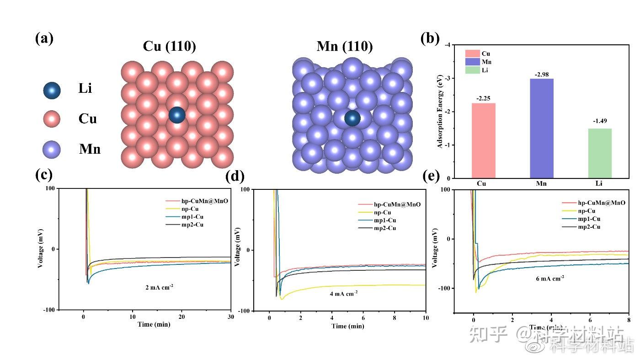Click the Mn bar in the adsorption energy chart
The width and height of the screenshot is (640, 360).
[x=541, y=128]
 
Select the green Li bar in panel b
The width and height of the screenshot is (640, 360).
[x=599, y=153]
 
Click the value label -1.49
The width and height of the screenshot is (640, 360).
[x=599, y=121]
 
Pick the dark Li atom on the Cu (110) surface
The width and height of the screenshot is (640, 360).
[x=177, y=115]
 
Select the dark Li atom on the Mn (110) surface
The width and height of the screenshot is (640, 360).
[x=352, y=118]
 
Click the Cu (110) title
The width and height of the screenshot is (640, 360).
[x=169, y=46]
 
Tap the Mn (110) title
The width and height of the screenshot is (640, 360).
[x=344, y=46]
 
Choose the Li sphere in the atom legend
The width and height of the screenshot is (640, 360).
[x=52, y=91]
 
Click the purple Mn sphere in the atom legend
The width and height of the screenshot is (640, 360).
[x=52, y=150]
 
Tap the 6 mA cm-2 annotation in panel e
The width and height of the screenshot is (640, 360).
[x=550, y=278]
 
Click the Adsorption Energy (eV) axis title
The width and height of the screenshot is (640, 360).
[x=440, y=112]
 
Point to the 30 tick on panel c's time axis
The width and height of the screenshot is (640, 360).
[x=230, y=317]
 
